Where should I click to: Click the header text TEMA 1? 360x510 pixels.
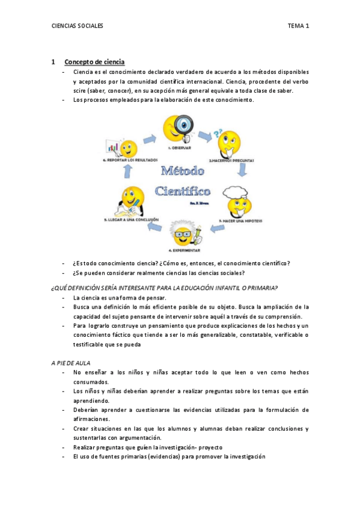click(x=298, y=26)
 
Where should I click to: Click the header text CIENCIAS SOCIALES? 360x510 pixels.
click(x=78, y=26)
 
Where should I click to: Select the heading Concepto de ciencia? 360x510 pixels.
click(x=94, y=62)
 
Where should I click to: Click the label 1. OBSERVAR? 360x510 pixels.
click(x=180, y=147)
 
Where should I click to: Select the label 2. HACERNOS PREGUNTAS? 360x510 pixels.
click(x=231, y=161)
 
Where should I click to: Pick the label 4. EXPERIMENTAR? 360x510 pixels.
click(x=184, y=250)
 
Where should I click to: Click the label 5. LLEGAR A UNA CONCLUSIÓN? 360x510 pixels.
click(x=131, y=220)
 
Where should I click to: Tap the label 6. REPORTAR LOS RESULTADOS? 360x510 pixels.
click(x=130, y=160)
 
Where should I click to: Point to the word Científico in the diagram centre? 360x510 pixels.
click(x=183, y=191)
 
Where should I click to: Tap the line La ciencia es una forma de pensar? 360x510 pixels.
click(x=119, y=298)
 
